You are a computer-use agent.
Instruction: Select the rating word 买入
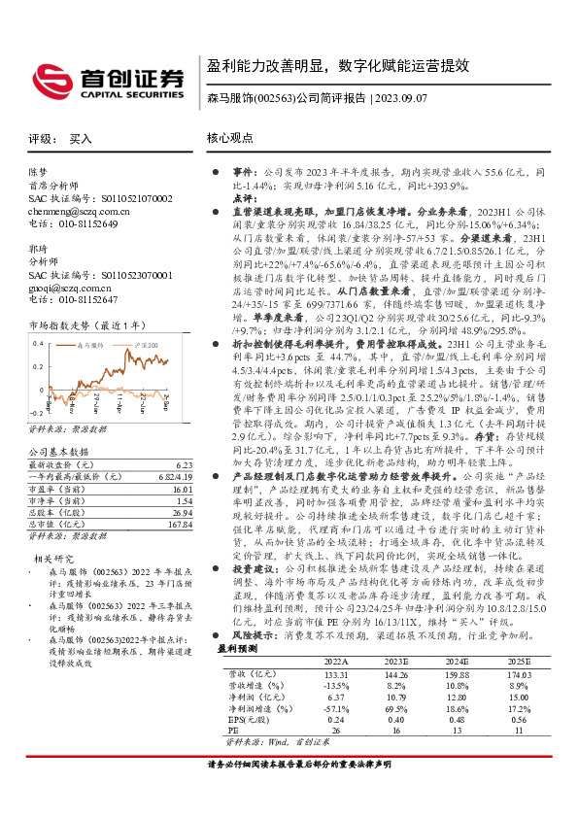point(81,139)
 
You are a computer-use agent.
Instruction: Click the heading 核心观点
point(230,139)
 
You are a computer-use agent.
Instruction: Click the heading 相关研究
point(51,587)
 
